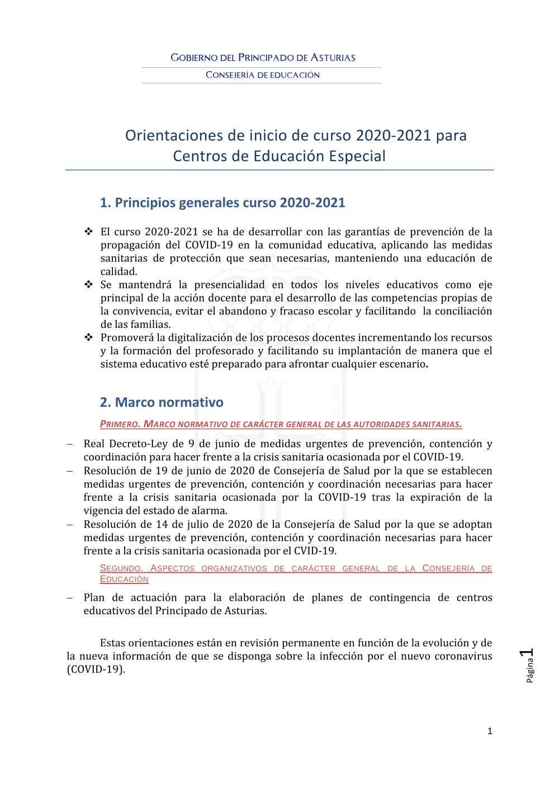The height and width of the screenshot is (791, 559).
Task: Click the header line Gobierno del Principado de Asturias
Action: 263,58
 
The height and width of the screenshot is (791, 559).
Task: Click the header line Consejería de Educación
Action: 263,75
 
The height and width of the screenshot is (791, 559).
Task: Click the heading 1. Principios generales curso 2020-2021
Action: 222,203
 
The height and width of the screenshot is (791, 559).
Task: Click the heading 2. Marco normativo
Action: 162,402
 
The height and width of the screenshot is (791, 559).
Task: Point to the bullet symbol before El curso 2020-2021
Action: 88,232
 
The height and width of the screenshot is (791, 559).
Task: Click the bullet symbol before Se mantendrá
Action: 88,285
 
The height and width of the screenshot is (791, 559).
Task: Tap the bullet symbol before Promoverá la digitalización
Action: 88,337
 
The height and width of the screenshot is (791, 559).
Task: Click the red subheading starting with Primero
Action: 281,424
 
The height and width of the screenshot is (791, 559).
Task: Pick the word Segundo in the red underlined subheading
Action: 121,568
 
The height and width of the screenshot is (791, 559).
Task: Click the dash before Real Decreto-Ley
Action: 70,444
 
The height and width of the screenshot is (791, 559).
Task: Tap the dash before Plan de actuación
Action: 70,598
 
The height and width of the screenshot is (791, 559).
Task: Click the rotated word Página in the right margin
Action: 530,670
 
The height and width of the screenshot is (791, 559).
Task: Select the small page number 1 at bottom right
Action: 490,731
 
